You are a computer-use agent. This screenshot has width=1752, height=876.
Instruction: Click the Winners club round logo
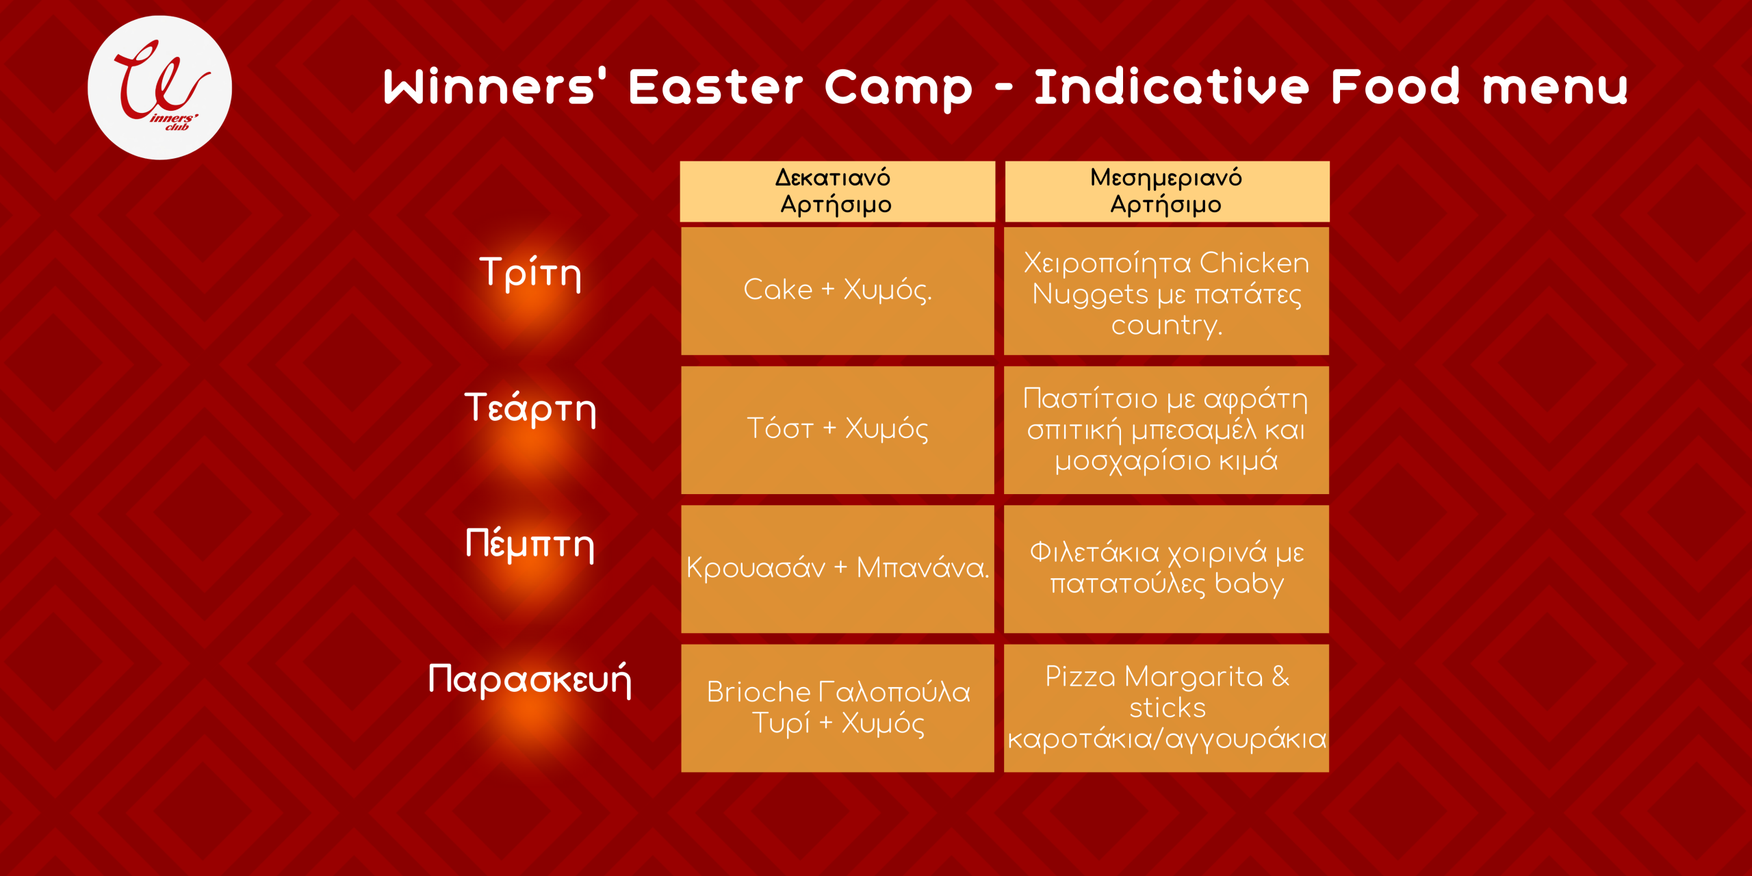coord(159,88)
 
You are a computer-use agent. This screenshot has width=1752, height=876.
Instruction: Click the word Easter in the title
coord(716,87)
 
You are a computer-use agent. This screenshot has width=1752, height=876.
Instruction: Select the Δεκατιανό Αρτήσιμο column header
coord(837,192)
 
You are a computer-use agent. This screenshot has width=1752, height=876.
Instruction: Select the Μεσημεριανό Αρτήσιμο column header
coord(1167,192)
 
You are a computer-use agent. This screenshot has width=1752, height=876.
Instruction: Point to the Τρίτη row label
coord(530,273)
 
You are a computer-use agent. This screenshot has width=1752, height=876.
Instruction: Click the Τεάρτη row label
coord(530,409)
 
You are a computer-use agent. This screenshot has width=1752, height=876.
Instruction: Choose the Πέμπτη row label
coord(530,545)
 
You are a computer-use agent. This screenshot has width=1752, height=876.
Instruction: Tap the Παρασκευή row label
coord(530,680)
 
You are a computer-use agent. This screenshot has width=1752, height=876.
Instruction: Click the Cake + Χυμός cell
coord(837,291)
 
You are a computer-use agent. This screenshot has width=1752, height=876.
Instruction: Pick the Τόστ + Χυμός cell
coord(837,430)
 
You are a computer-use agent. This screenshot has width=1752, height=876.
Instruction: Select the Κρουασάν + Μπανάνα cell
coord(837,569)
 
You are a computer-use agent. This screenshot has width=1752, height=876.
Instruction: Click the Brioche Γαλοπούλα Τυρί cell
coord(837,708)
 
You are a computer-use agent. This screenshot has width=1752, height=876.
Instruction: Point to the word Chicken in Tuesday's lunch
coord(1254,263)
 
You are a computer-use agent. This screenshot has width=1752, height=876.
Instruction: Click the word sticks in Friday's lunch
coord(1168,708)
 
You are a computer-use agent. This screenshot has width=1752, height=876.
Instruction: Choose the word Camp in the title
coord(899,88)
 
